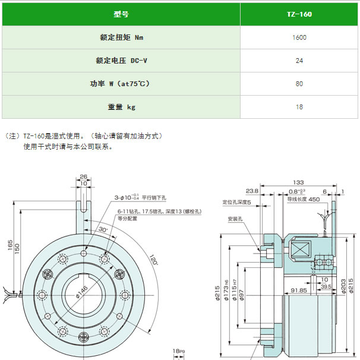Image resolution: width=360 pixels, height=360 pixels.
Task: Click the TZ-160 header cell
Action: tap(299, 14)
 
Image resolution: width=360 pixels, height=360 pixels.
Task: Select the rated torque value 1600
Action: tap(299, 37)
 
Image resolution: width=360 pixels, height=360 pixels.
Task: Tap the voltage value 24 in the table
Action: tap(299, 61)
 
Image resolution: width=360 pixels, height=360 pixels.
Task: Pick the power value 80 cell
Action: tap(299, 84)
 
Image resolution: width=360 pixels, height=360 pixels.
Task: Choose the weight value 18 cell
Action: tap(299, 107)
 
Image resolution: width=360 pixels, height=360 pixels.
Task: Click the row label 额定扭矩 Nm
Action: tap(121, 37)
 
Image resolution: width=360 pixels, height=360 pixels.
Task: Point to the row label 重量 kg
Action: tap(121, 107)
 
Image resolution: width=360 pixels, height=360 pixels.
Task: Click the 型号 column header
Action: tap(121, 14)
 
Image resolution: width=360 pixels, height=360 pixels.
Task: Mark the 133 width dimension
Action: tap(298, 182)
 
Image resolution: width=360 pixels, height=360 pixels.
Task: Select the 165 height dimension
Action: tap(10, 245)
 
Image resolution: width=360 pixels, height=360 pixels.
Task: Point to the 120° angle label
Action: tap(153, 260)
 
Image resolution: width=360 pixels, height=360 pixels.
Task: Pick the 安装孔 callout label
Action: tap(235, 218)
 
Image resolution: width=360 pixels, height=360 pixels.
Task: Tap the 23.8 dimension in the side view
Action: tap(251, 191)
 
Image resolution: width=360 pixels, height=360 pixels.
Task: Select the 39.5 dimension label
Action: tap(325, 286)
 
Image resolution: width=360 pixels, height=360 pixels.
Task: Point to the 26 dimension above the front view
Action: tap(83, 176)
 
